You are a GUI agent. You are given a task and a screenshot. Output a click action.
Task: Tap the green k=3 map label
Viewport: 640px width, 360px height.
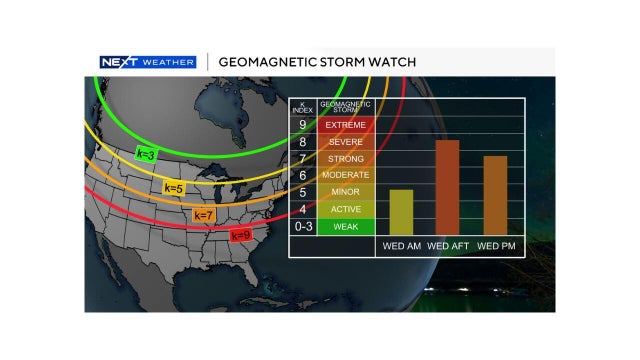(x=146, y=154)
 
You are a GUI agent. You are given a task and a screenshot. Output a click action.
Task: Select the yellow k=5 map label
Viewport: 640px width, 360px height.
(x=173, y=187)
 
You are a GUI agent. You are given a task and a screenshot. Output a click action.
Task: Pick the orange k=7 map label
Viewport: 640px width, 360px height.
(x=203, y=214)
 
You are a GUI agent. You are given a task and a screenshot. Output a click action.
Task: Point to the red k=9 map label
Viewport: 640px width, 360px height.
(x=240, y=235)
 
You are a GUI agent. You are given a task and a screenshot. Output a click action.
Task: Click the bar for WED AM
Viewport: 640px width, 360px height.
(x=400, y=212)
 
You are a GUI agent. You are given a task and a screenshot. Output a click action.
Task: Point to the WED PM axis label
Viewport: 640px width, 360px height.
(x=496, y=246)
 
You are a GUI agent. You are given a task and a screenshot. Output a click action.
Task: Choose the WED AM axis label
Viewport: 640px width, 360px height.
(x=400, y=246)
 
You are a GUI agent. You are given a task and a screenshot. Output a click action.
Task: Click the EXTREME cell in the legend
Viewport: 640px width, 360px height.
(x=346, y=125)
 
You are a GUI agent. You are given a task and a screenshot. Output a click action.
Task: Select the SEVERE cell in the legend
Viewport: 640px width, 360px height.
(x=346, y=142)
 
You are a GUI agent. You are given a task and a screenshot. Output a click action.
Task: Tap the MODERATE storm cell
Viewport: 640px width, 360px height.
(x=346, y=175)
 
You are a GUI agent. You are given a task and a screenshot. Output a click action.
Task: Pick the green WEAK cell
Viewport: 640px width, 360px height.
(x=346, y=226)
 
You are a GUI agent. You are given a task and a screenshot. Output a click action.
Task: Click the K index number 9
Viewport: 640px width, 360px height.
(x=302, y=125)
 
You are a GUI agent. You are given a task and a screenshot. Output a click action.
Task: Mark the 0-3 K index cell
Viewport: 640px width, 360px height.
(x=302, y=226)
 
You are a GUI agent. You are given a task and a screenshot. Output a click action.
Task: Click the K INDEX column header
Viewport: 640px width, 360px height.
(x=302, y=107)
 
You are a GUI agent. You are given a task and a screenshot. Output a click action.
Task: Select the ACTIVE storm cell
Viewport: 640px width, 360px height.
(x=346, y=209)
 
